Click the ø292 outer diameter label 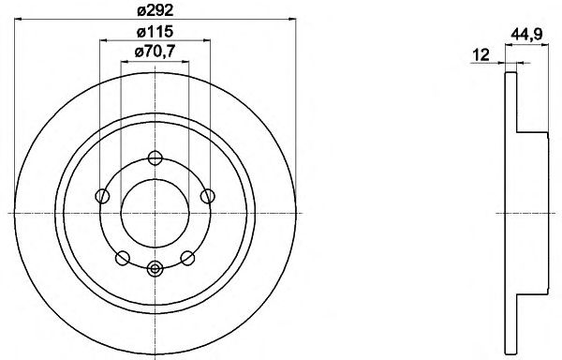pyautogui.click(x=155, y=10)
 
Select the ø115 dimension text pyautogui.click(x=155, y=32)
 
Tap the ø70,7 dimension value pyautogui.click(x=155, y=52)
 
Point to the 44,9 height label pyautogui.click(x=526, y=35)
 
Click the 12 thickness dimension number pyautogui.click(x=481, y=55)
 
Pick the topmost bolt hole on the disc pyautogui.click(x=155, y=157)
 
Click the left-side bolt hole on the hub pyautogui.click(x=102, y=196)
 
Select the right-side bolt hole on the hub pyautogui.click(x=208, y=196)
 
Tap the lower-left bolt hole pyautogui.click(x=123, y=258)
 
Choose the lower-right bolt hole pyautogui.click(x=188, y=258)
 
